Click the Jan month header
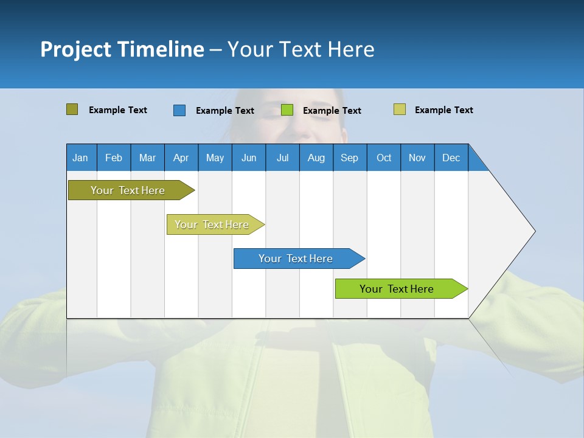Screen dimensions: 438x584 click(81, 158)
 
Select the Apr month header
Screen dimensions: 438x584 click(181, 158)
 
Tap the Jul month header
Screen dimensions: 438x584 click(283, 158)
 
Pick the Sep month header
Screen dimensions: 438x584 click(350, 158)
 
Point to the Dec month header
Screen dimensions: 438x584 click(451, 158)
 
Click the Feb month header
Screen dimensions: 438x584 click(114, 158)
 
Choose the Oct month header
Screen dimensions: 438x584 click(384, 158)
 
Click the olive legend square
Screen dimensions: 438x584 click(72, 109)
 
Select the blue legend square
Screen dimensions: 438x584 click(179, 110)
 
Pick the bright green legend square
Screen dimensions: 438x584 click(287, 110)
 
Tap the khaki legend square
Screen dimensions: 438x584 click(399, 109)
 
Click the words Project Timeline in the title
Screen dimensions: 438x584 click(122, 49)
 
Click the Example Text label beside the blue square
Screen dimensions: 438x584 click(224, 111)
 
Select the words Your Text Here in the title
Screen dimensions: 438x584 click(301, 49)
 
